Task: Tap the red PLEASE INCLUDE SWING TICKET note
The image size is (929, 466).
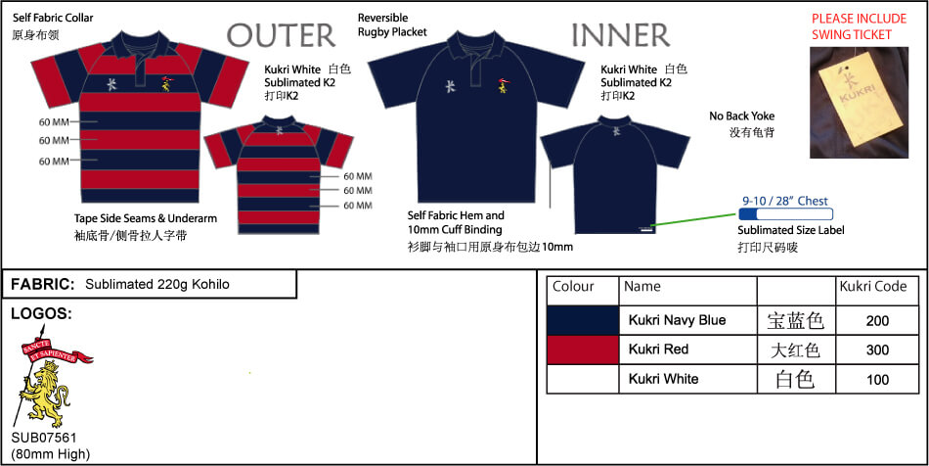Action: pyautogui.click(x=860, y=26)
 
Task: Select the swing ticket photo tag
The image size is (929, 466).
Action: pyautogui.click(x=860, y=103)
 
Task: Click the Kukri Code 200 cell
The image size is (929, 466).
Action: pyautogui.click(x=877, y=321)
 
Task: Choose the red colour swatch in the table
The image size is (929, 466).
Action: pyautogui.click(x=583, y=349)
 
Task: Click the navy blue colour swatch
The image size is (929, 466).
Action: pyautogui.click(x=583, y=321)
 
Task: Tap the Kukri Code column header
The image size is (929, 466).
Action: pyautogui.click(x=872, y=287)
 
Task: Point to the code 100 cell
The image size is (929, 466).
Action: pyautogui.click(x=877, y=380)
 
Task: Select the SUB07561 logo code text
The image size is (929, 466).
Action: pyautogui.click(x=44, y=439)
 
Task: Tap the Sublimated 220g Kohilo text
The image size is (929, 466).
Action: pyautogui.click(x=157, y=285)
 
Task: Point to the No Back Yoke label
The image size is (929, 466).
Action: pyautogui.click(x=742, y=116)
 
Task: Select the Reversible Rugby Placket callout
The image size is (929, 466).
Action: pyautogui.click(x=392, y=24)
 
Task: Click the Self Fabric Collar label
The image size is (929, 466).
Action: pyautogui.click(x=53, y=19)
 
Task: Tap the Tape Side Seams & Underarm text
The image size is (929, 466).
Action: pyautogui.click(x=146, y=218)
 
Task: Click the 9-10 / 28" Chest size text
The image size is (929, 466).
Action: pyautogui.click(x=785, y=201)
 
